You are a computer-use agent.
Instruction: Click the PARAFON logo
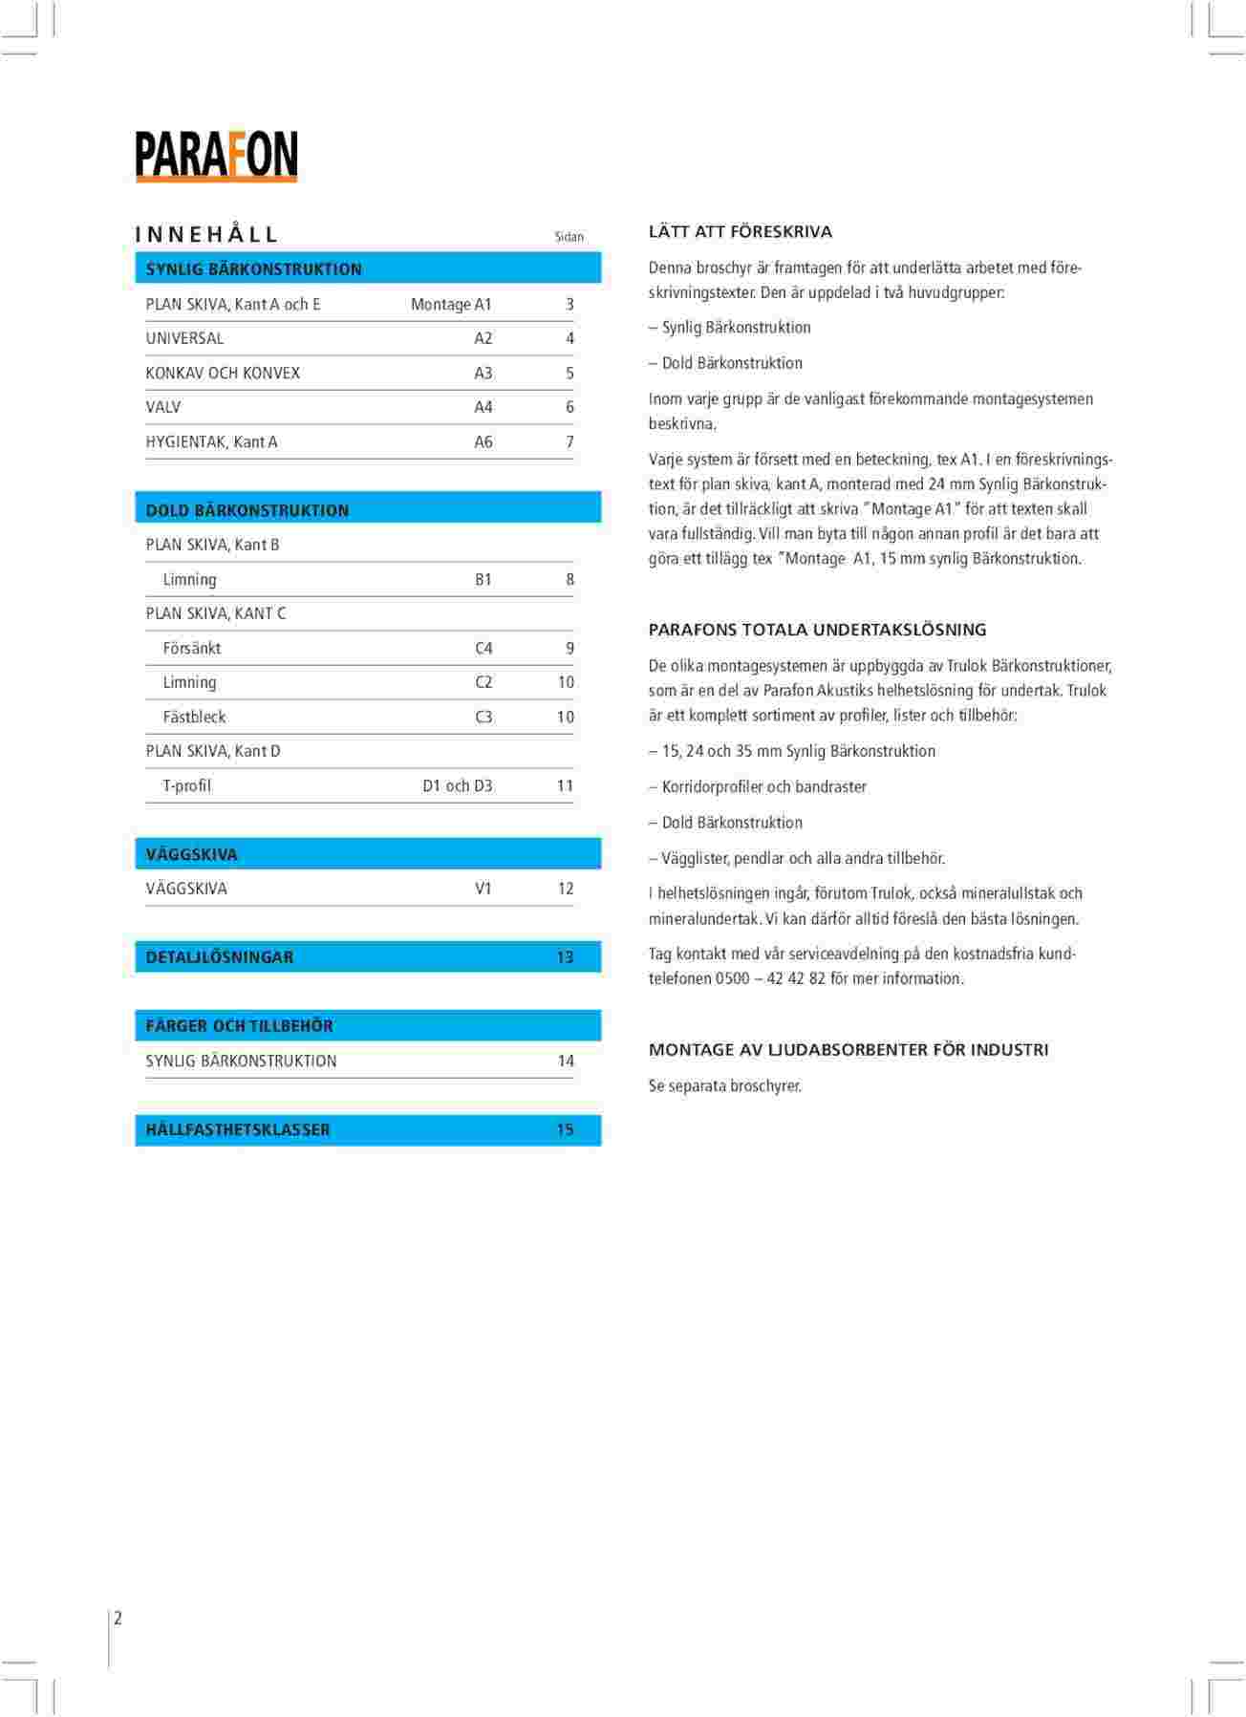(x=216, y=156)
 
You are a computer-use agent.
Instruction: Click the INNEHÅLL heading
(x=206, y=235)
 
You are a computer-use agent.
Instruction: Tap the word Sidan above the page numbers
(x=569, y=237)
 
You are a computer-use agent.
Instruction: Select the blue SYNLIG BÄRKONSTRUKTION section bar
(x=368, y=268)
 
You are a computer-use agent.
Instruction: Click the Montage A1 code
(x=451, y=304)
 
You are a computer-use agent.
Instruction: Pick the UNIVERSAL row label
(x=184, y=338)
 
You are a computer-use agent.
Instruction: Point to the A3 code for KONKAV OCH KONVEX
(x=483, y=373)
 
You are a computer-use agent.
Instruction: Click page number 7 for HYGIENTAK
(x=569, y=441)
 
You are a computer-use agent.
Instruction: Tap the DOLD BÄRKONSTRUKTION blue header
(x=368, y=509)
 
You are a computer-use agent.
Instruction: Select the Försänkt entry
(x=192, y=648)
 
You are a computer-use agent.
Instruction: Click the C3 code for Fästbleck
(x=483, y=717)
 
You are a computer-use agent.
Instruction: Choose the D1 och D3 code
(x=458, y=785)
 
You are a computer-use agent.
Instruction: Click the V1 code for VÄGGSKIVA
(x=483, y=889)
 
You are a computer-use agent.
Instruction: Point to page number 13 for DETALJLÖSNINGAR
(x=565, y=957)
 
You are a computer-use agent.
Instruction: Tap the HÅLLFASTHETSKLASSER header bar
(x=368, y=1129)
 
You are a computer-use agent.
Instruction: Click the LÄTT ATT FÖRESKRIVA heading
(x=741, y=232)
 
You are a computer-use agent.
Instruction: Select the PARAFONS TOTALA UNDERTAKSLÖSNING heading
(x=817, y=630)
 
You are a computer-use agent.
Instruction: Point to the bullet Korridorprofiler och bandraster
(x=764, y=787)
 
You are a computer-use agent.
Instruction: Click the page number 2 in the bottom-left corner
(x=118, y=1618)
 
